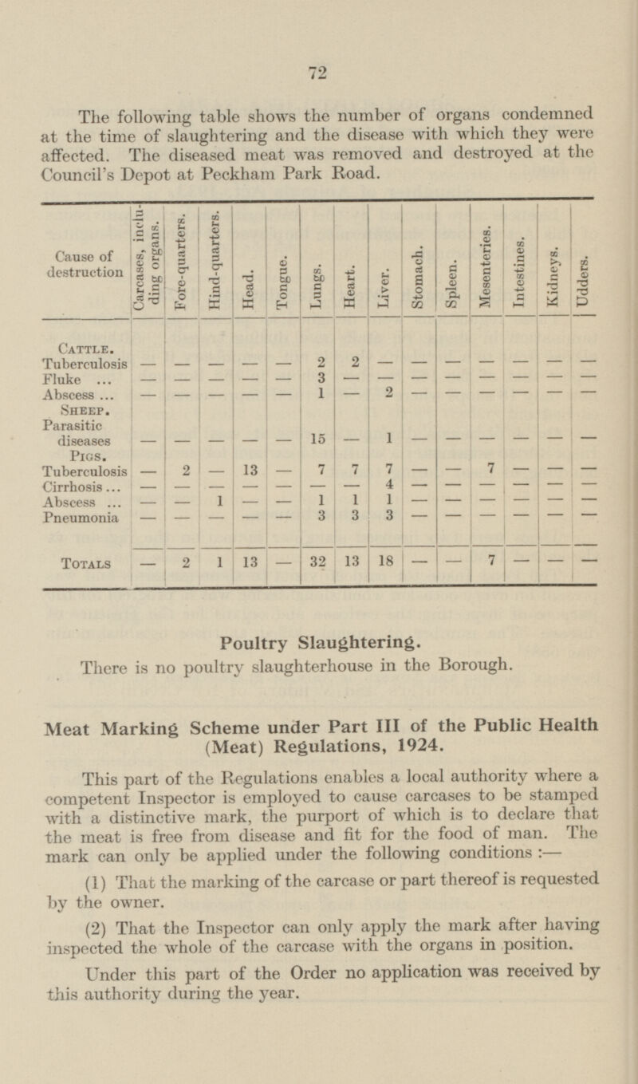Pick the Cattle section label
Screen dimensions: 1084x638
click(x=84, y=347)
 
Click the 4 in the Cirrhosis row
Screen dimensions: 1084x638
click(x=386, y=484)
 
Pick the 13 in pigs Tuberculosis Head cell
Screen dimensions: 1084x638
click(x=250, y=469)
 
